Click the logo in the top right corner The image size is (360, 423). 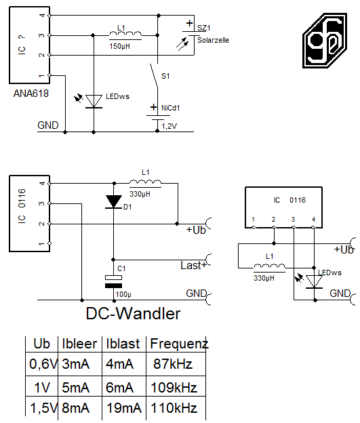coord(325,41)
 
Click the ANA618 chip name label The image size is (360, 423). coord(31,94)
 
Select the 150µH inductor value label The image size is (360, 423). coord(119,46)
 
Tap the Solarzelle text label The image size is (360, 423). coord(213,40)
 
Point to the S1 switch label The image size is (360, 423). coord(165,76)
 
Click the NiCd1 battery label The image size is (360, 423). coord(171,108)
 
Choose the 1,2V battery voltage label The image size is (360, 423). coord(169,126)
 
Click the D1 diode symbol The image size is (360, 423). coord(114,202)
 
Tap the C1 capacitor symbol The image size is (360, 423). coord(113,281)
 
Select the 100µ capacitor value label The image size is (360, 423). coord(123,294)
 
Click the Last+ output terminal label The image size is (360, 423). coord(193,266)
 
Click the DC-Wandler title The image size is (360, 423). coord(133,314)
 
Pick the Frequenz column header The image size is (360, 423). coord(179,344)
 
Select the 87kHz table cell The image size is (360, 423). coord(173,364)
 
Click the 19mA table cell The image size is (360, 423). coord(124,408)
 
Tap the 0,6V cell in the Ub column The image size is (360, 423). coord(43,364)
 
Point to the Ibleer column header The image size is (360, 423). coord(79,344)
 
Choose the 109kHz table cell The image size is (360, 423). coord(174,388)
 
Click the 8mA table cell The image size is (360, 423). coord(75,408)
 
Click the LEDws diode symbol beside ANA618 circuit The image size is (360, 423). coord(94,102)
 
